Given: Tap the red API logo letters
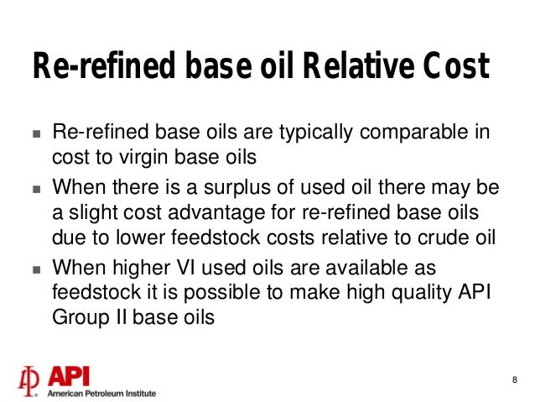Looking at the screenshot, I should point(74,375).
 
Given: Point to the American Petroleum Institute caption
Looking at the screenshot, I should point(101,392).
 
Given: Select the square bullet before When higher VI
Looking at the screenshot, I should point(35,269).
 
